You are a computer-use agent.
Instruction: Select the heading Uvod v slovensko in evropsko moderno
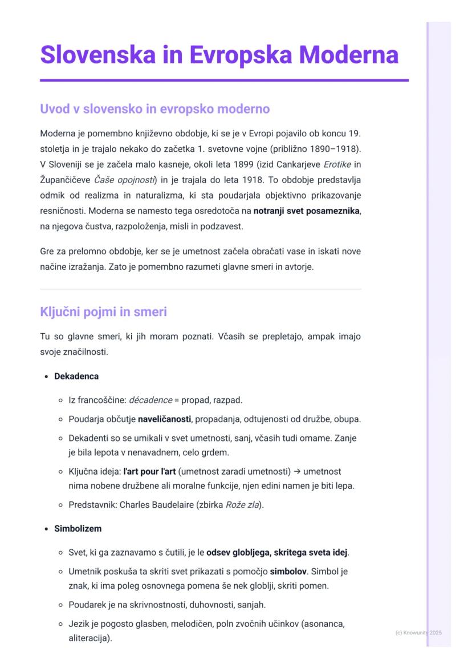(x=154, y=108)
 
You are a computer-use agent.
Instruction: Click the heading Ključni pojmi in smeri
(x=103, y=312)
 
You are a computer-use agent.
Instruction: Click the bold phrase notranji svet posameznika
(x=307, y=211)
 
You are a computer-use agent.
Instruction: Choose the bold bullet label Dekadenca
(x=76, y=376)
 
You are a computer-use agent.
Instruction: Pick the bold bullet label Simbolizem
(x=78, y=529)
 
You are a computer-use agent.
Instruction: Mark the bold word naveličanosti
(x=164, y=419)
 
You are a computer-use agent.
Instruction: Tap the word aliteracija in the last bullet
(x=89, y=638)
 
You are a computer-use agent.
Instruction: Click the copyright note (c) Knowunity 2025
(x=418, y=633)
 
